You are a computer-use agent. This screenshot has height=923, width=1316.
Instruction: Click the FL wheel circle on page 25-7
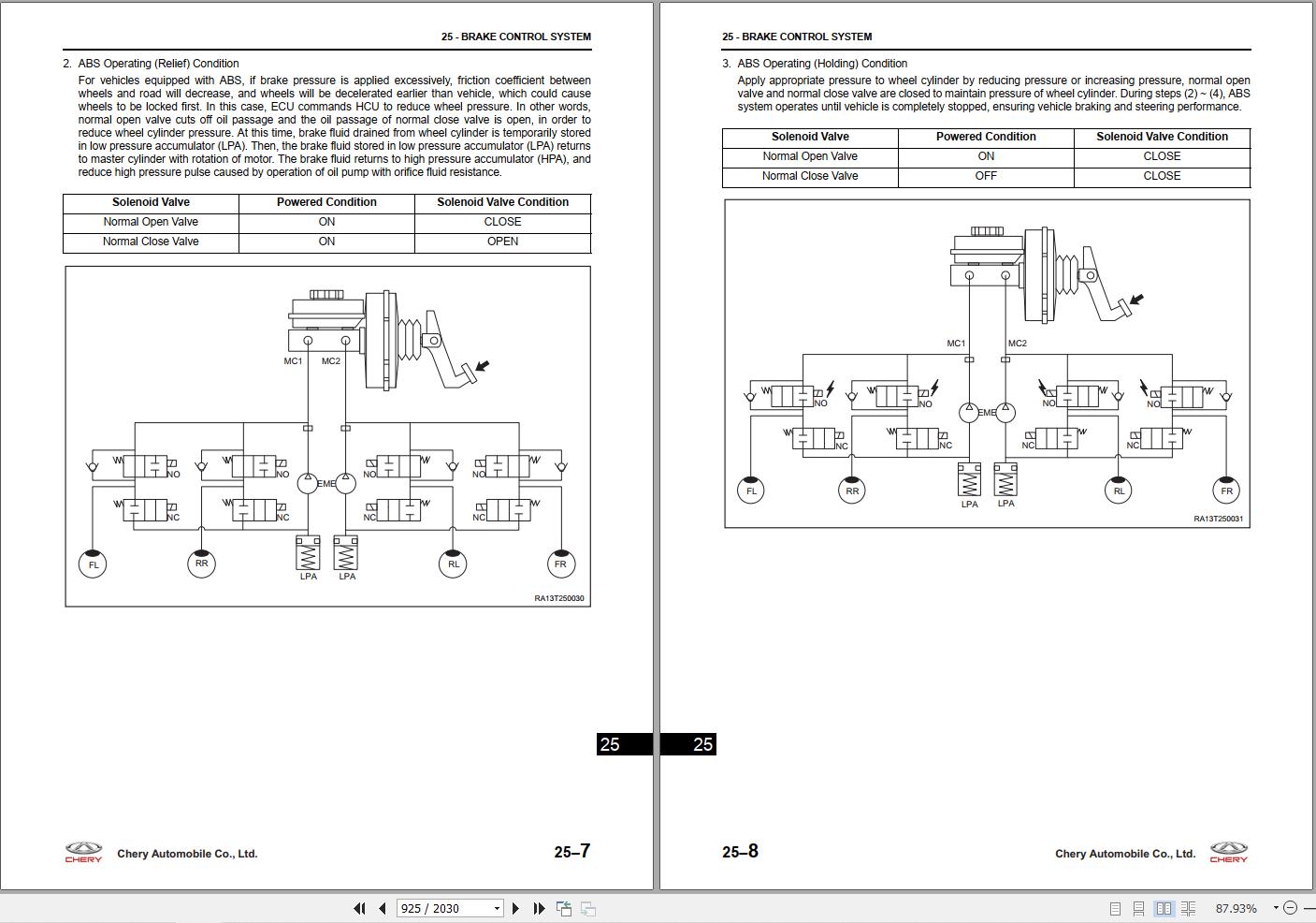click(x=93, y=564)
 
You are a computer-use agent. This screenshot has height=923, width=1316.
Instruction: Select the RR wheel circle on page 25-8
click(x=851, y=491)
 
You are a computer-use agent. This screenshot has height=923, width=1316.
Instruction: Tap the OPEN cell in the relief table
click(x=502, y=242)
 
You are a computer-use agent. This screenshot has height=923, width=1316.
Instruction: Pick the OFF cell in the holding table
click(x=986, y=176)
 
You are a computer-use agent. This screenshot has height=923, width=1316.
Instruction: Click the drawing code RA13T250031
click(x=1218, y=519)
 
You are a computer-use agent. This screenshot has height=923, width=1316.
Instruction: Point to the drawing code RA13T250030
click(x=559, y=598)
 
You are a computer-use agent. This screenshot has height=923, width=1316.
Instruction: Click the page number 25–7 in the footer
click(x=571, y=851)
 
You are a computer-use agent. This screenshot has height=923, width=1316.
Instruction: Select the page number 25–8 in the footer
click(x=740, y=851)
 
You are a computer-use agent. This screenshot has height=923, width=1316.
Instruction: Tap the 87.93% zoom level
click(x=1236, y=908)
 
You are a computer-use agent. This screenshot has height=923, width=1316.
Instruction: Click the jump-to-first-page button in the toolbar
click(x=359, y=908)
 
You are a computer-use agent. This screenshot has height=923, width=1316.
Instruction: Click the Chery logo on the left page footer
click(x=83, y=852)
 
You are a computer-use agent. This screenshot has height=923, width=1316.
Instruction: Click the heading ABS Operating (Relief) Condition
click(x=158, y=64)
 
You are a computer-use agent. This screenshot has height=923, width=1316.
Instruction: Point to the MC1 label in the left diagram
click(x=293, y=361)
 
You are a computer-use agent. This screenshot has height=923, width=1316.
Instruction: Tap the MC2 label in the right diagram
click(x=1017, y=344)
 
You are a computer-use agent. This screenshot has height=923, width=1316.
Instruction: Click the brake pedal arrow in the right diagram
click(x=1136, y=300)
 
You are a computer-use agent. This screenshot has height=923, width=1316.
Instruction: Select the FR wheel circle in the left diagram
click(x=560, y=564)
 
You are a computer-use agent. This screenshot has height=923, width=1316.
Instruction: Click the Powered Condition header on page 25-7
click(x=326, y=202)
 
